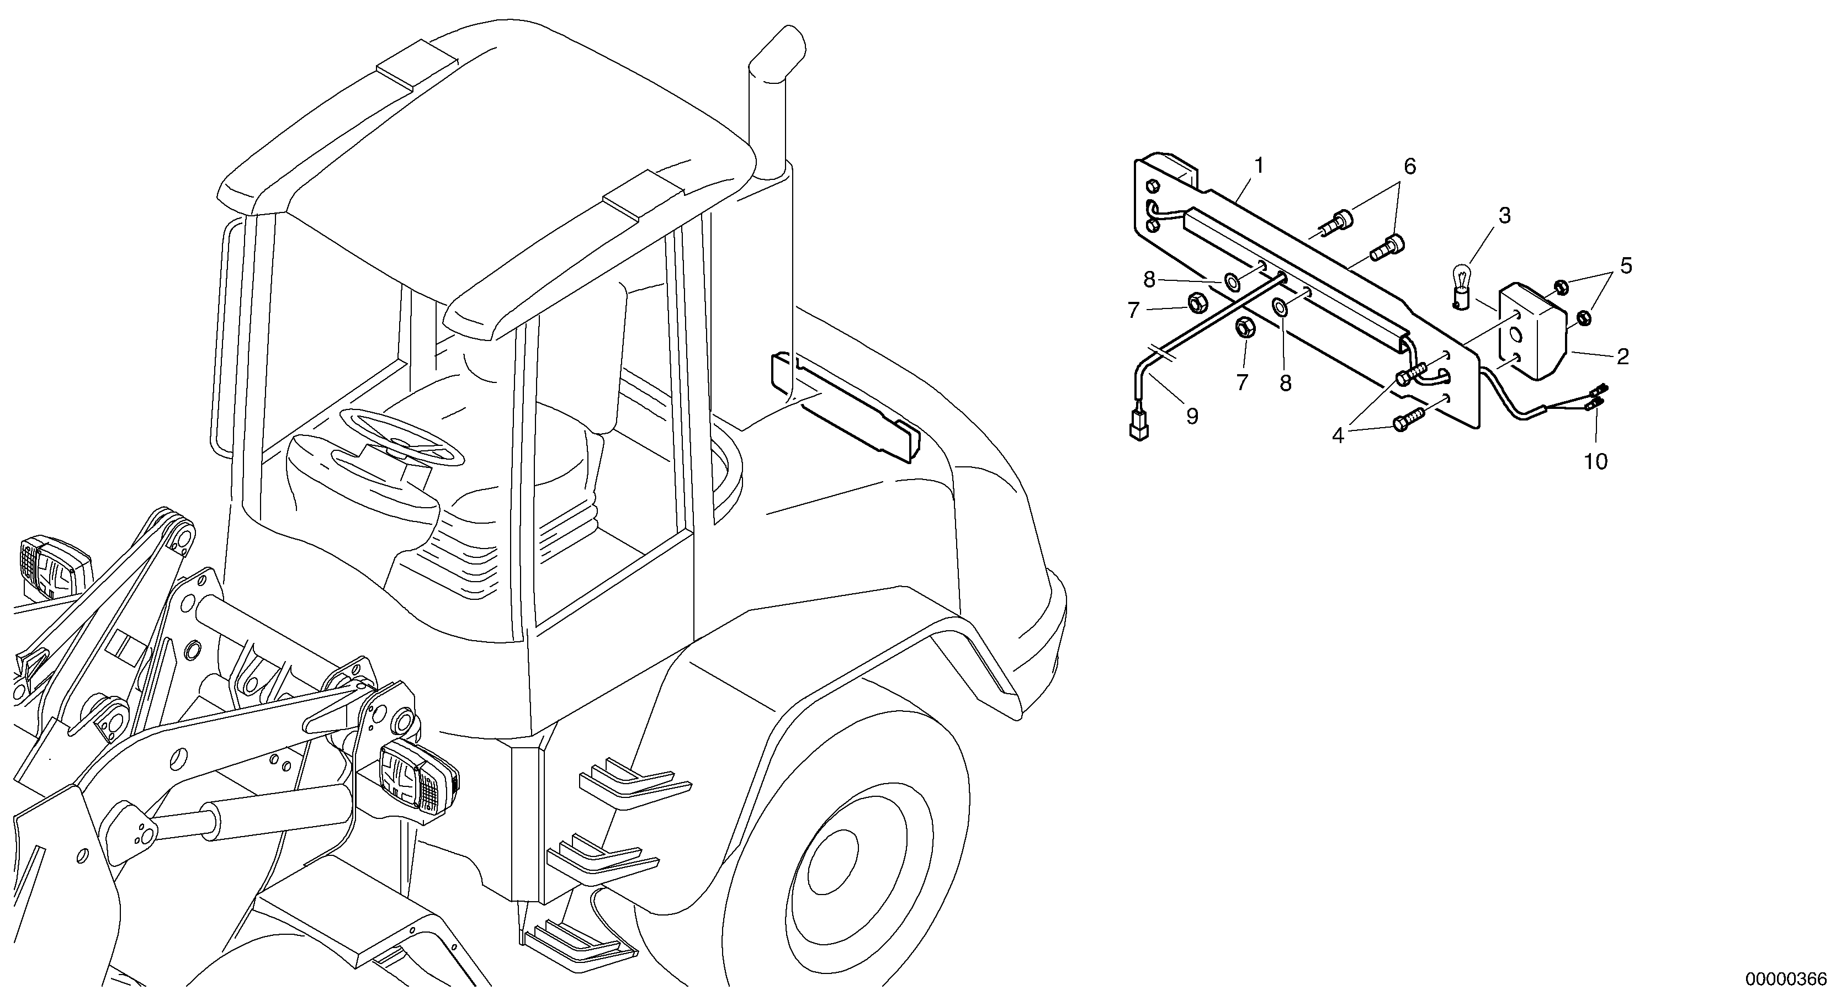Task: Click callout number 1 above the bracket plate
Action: [1259, 166]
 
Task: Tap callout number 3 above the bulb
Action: [1504, 216]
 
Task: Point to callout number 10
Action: [1595, 461]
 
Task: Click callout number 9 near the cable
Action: [1626, 267]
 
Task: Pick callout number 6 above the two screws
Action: [1409, 167]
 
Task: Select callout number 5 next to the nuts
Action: [1626, 267]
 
